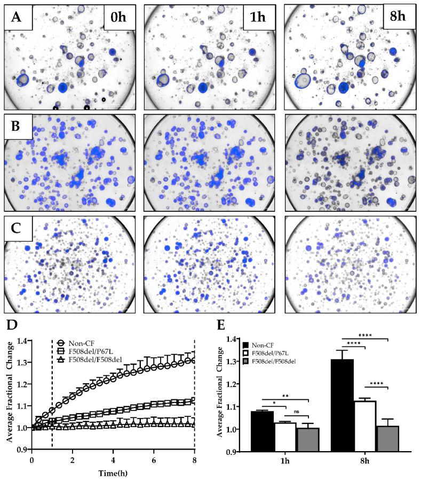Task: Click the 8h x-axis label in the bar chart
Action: point(366,463)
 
